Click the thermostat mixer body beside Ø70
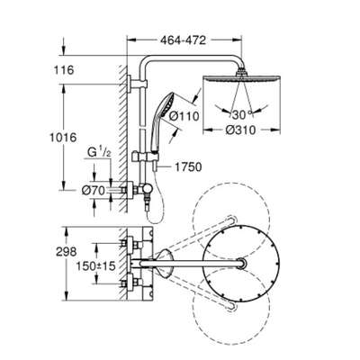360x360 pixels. [x=132, y=190]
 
